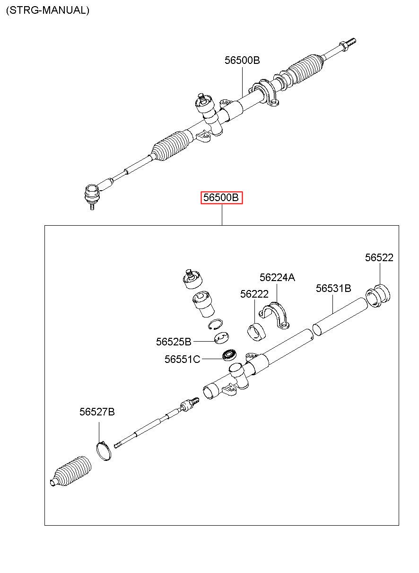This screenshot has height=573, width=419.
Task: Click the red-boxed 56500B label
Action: pos(222,197)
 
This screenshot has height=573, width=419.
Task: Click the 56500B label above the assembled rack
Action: pos(242,61)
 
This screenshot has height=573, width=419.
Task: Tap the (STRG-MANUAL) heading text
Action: pos(47,10)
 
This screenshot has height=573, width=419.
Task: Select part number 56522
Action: pos(379,257)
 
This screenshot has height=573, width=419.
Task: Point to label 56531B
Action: pos(333,288)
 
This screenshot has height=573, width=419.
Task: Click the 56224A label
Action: pos(277,277)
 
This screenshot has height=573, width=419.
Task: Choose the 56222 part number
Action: pos(254,294)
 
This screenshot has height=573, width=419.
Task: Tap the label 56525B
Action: pos(174,342)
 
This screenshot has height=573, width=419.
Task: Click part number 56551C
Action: pos(183,359)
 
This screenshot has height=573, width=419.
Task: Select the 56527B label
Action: pos(97,412)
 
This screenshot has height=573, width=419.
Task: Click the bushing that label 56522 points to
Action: pos(379,296)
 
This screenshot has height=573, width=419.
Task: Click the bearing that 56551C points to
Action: pos(230,354)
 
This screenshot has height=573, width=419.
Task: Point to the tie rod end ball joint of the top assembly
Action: pos(92,194)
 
